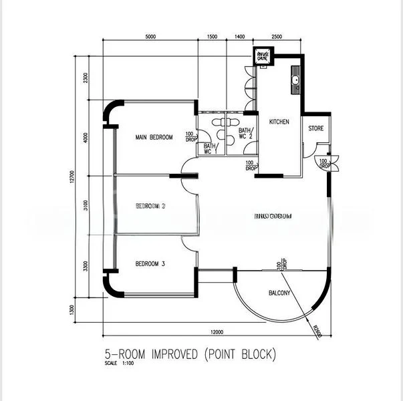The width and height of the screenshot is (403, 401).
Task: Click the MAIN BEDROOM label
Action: pyautogui.click(x=154, y=138)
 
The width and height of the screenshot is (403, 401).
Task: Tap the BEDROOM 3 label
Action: pyautogui.click(x=150, y=264)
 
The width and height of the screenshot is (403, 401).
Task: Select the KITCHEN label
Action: pyautogui.click(x=279, y=122)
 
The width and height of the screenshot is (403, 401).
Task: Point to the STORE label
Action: pyautogui.click(x=315, y=128)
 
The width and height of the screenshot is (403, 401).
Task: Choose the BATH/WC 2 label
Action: pyautogui.click(x=246, y=134)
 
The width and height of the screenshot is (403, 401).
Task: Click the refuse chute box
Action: pyautogui.click(x=263, y=56)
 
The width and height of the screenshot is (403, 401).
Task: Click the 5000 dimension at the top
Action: pyautogui.click(x=150, y=37)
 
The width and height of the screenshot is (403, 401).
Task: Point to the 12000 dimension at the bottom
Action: pyautogui.click(x=215, y=332)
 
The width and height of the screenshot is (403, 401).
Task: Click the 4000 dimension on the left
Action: pyautogui.click(x=86, y=138)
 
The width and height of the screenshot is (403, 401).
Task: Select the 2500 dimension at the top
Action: pyautogui.click(x=276, y=37)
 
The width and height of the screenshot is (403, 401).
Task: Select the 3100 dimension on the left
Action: pyautogui.click(x=86, y=205)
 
